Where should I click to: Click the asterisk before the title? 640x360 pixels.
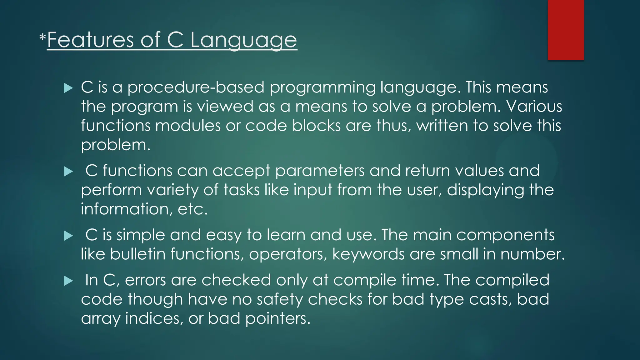pyautogui.click(x=42, y=38)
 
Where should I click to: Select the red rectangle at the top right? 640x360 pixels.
pyautogui.click(x=566, y=30)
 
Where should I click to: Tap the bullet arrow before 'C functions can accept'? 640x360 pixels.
pyautogui.click(x=68, y=172)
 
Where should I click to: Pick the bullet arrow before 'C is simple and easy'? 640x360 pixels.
pyautogui.click(x=68, y=236)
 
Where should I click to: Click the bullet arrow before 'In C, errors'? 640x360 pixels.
pyautogui.click(x=68, y=281)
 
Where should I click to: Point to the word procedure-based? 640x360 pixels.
pyautogui.click(x=196, y=87)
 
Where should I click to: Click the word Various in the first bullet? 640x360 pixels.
pyautogui.click(x=534, y=107)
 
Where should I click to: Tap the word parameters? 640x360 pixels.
pyautogui.click(x=320, y=171)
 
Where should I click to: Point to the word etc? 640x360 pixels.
pyautogui.click(x=192, y=209)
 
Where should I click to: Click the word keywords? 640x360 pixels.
pyautogui.click(x=368, y=254)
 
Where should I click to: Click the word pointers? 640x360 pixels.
pyautogui.click(x=278, y=319)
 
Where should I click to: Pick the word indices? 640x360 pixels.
pyautogui.click(x=154, y=319)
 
